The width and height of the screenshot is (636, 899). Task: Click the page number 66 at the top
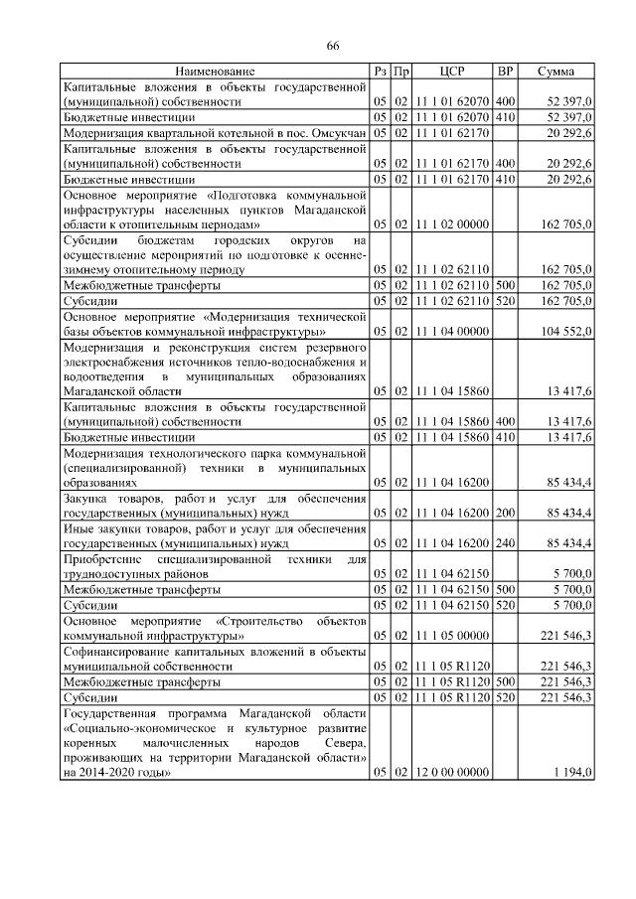click(x=333, y=47)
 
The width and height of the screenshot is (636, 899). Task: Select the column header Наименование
click(x=216, y=72)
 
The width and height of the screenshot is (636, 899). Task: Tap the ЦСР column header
click(x=452, y=72)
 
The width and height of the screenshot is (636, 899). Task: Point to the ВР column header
click(x=505, y=72)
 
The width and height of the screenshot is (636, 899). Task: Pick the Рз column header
click(x=380, y=72)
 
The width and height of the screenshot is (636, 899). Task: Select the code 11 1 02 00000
click(x=452, y=225)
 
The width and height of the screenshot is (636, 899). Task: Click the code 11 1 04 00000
click(x=452, y=331)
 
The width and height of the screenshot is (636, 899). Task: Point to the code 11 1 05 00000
click(x=452, y=634)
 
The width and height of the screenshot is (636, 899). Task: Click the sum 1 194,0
click(x=573, y=772)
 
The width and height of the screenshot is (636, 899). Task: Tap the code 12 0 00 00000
click(x=452, y=772)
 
